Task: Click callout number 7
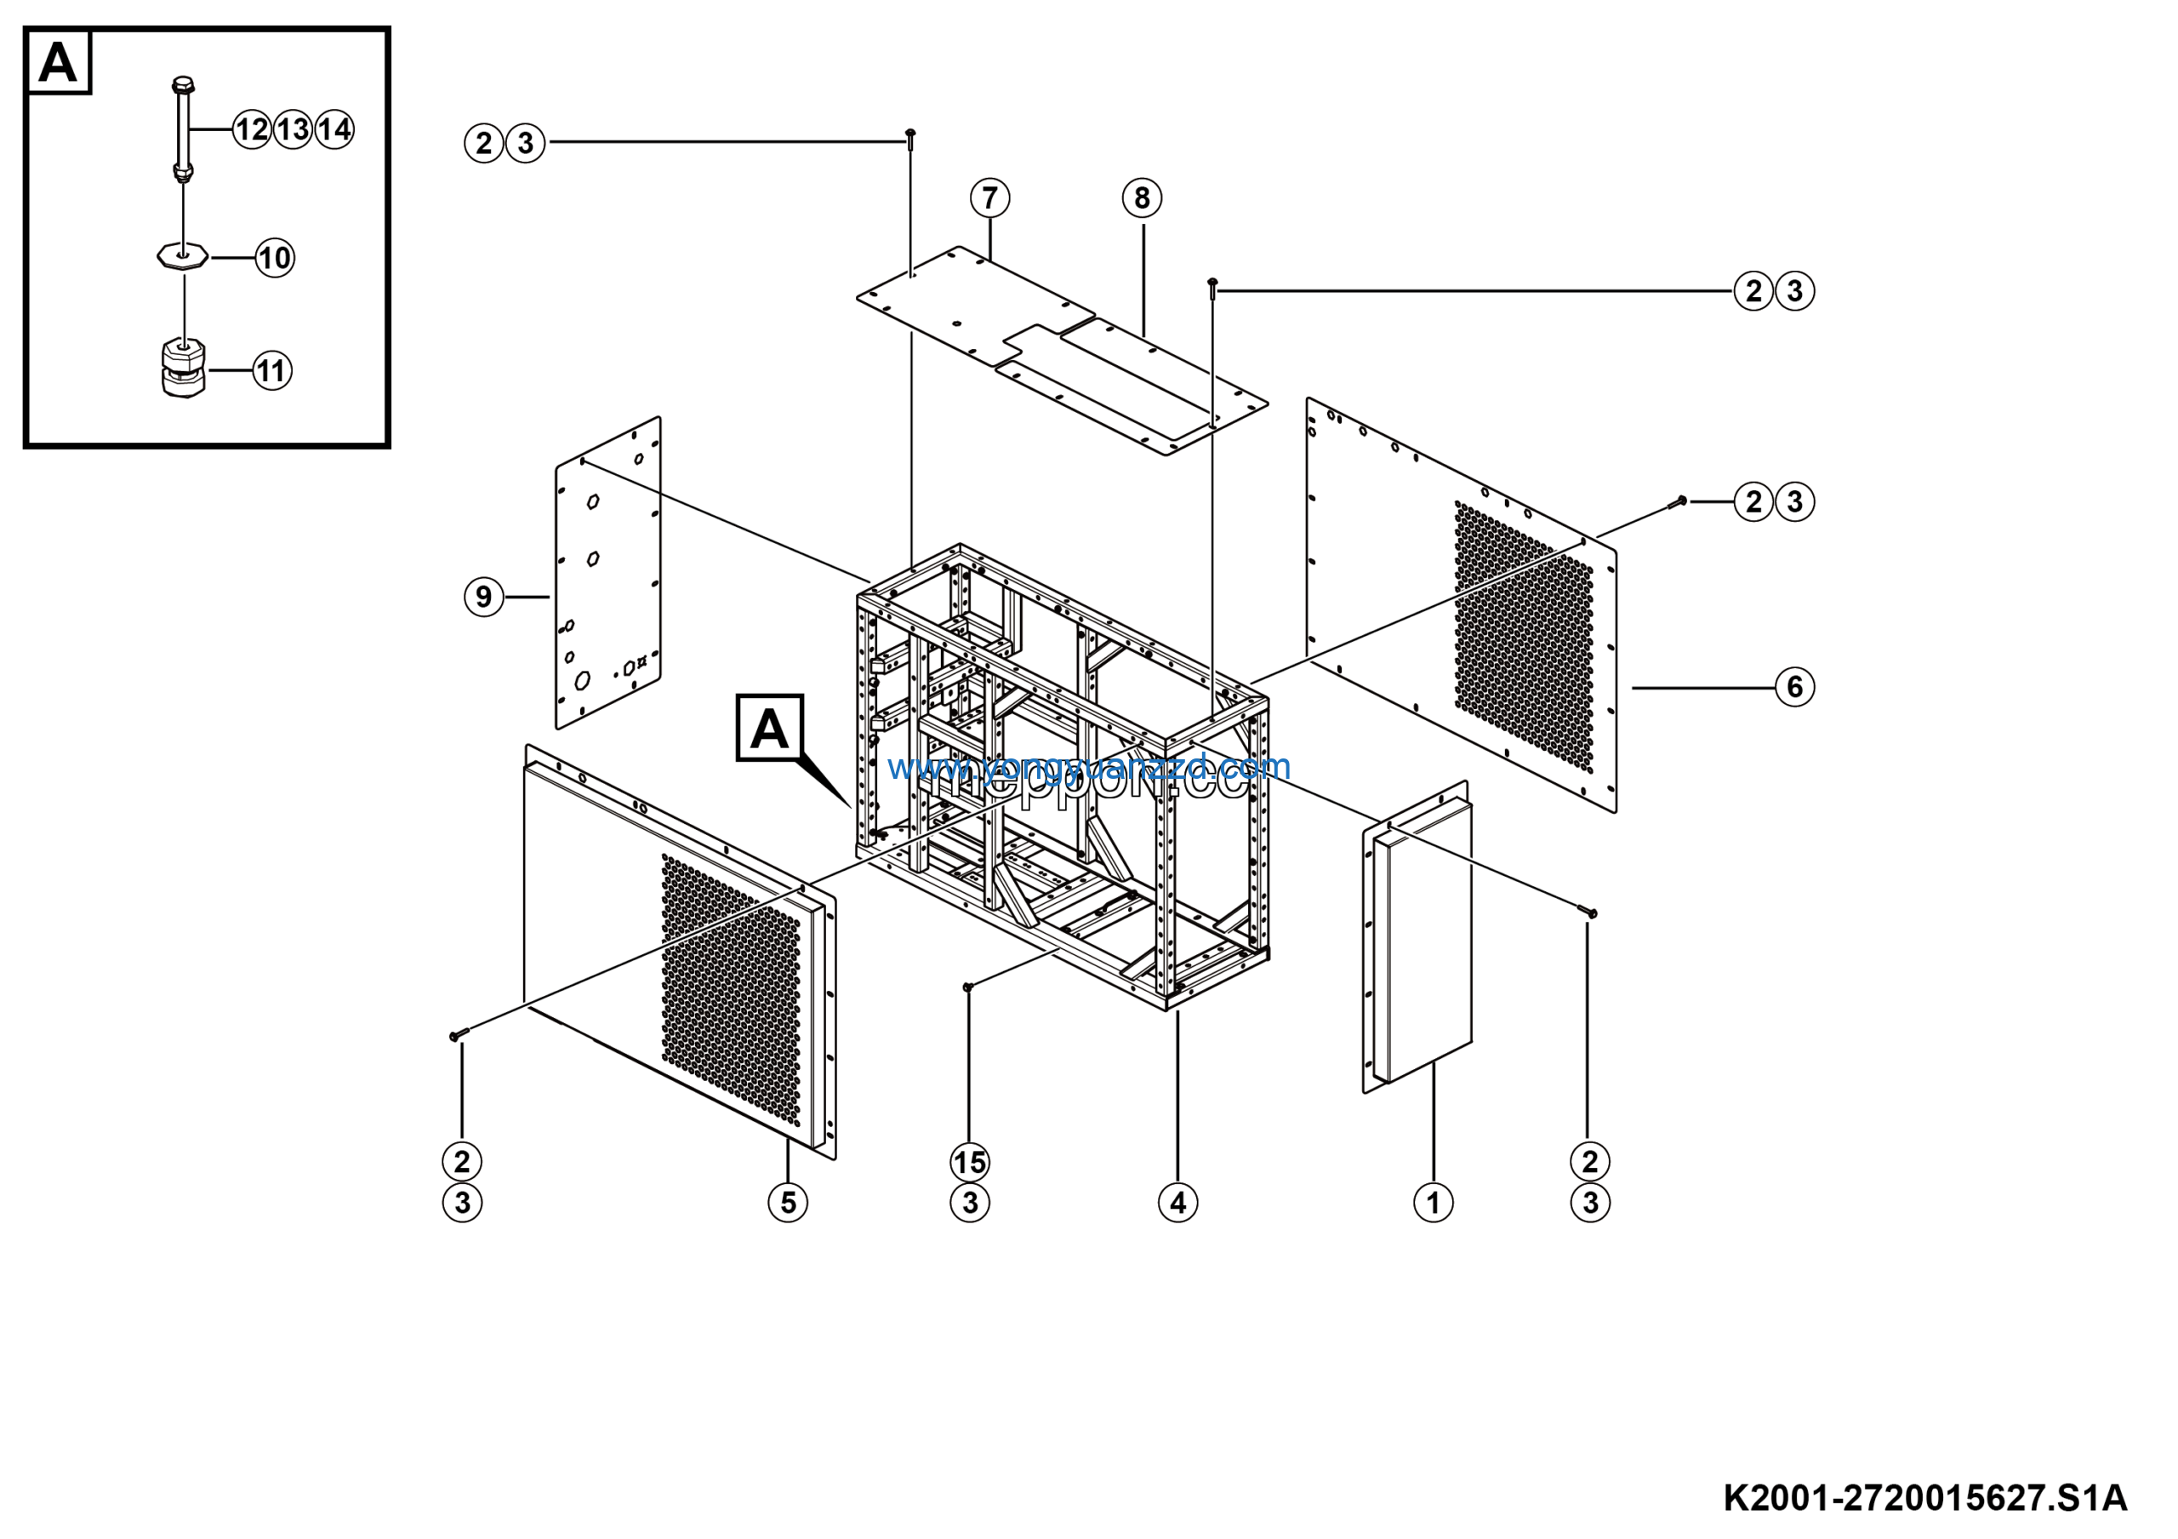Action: [989, 198]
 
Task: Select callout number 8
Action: [1141, 198]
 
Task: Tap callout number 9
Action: [484, 597]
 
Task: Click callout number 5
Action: [787, 1203]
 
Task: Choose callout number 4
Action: [1177, 1203]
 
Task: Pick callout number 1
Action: [1433, 1203]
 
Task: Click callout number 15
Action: [970, 1162]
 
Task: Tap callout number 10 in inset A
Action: [275, 258]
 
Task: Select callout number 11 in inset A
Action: [272, 371]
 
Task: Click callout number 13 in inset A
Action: [294, 129]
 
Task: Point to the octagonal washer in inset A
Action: [182, 257]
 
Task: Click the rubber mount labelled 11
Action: [182, 368]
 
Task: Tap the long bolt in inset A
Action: [182, 128]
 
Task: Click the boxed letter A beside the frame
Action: [769, 729]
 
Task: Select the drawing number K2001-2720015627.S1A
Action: [1924, 1498]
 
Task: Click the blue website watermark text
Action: [1089, 767]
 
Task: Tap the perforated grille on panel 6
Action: [1524, 636]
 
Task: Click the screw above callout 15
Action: [967, 987]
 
